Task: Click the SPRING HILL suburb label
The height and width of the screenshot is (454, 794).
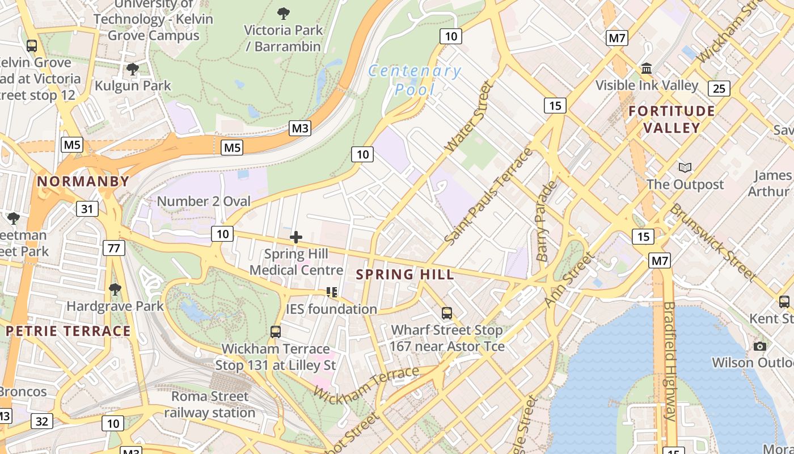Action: pyautogui.click(x=404, y=275)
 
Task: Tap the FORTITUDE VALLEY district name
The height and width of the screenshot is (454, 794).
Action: pyautogui.click(x=671, y=119)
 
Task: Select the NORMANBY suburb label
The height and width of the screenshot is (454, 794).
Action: pyautogui.click(x=83, y=182)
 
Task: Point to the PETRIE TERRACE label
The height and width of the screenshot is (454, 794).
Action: pyautogui.click(x=68, y=331)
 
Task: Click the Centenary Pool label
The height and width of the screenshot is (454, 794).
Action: pyautogui.click(x=415, y=80)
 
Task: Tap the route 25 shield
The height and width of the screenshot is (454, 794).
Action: pyautogui.click(x=719, y=89)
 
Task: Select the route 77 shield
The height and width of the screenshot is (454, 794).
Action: pyautogui.click(x=114, y=248)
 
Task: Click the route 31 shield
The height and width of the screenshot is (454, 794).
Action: pyautogui.click(x=86, y=209)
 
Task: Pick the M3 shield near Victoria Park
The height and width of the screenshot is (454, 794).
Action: pyautogui.click(x=299, y=128)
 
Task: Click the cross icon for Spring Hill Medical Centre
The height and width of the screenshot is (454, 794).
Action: pyautogui.click(x=296, y=237)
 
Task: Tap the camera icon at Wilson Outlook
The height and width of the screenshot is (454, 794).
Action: pyautogui.click(x=760, y=346)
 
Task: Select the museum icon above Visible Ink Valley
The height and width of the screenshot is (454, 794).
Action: pyautogui.click(x=646, y=69)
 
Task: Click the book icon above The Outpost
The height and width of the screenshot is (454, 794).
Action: pyautogui.click(x=685, y=168)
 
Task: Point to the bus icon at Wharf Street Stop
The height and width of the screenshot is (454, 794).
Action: pyautogui.click(x=447, y=313)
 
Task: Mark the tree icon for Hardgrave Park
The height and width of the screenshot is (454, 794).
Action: pyautogui.click(x=115, y=289)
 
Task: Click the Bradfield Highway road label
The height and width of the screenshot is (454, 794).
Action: pyautogui.click(x=670, y=361)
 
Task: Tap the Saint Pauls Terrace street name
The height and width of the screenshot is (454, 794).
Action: pyautogui.click(x=489, y=196)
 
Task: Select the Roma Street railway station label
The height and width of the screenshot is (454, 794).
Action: pyautogui.click(x=210, y=404)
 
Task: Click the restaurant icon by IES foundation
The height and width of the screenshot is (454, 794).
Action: pyautogui.click(x=332, y=292)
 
